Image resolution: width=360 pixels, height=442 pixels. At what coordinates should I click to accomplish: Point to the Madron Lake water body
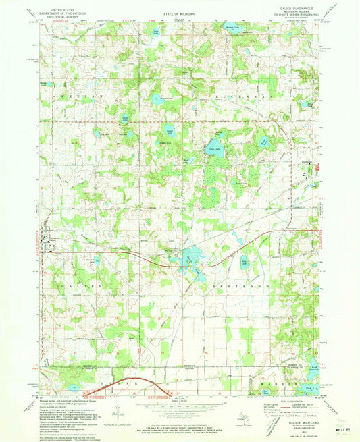(232, 28)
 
